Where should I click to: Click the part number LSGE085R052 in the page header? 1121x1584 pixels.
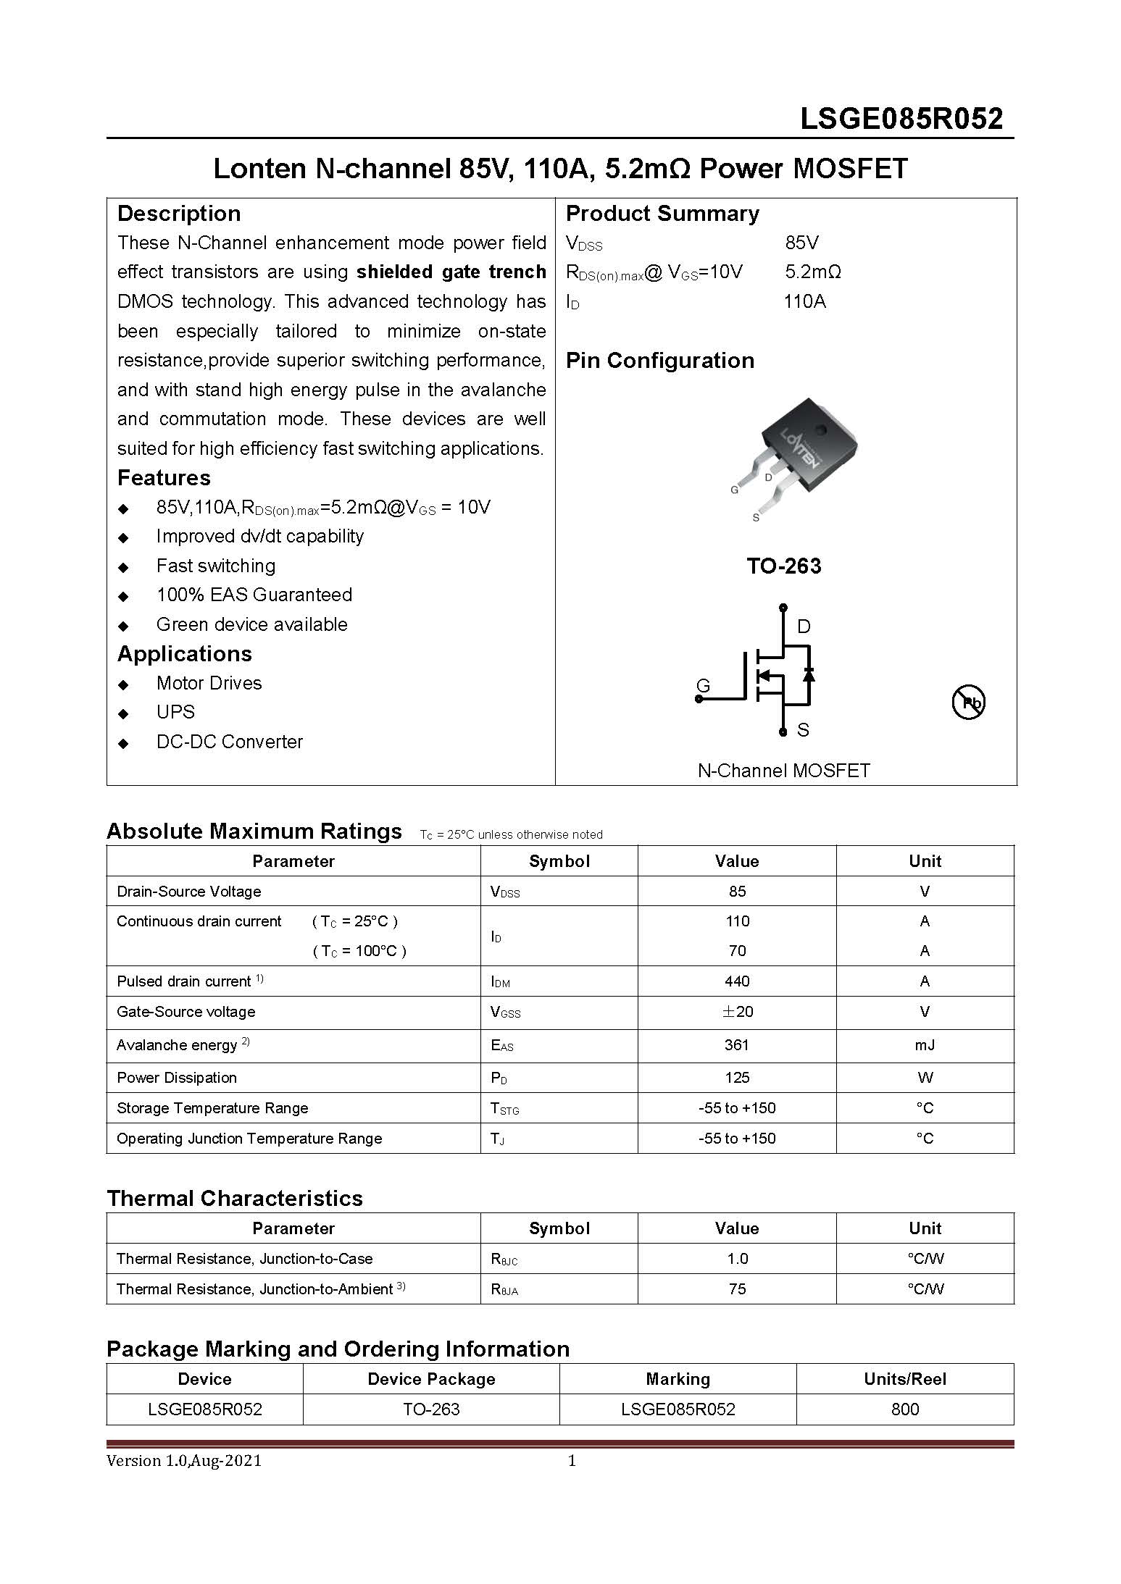(901, 119)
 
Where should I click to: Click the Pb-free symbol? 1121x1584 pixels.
(967, 702)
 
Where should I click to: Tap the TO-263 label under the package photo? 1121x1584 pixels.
(784, 566)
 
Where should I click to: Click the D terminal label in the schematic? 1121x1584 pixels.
(804, 627)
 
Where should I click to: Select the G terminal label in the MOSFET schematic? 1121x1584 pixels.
(703, 685)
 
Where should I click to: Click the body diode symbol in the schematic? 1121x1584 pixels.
(809, 674)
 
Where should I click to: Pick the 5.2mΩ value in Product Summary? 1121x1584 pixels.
(813, 272)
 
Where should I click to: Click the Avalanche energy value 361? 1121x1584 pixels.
(737, 1045)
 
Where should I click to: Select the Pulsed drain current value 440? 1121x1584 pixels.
(737, 981)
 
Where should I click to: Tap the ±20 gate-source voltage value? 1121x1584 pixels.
(737, 1012)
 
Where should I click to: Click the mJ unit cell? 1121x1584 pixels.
(925, 1045)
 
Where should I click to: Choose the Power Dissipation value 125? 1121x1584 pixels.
(737, 1078)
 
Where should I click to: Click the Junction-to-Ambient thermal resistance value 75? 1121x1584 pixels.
(737, 1289)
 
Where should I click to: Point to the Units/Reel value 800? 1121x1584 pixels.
(905, 1409)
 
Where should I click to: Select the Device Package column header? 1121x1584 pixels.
(431, 1379)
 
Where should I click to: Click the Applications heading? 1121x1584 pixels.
(185, 654)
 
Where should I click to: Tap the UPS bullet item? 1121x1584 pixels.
(175, 712)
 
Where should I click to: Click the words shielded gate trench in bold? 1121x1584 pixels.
(451, 272)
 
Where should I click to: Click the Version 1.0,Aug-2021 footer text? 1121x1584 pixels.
(184, 1461)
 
